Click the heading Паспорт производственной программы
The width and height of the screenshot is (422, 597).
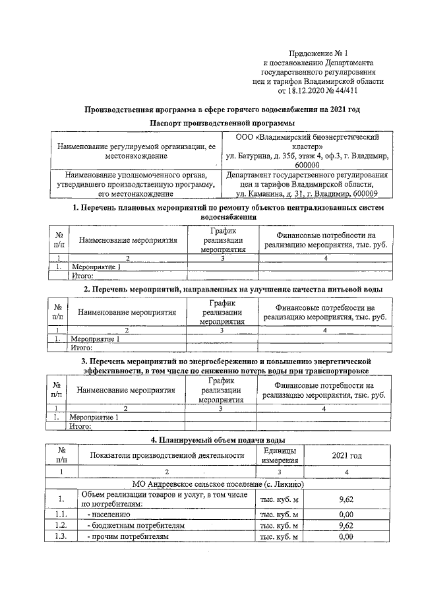coord(222,123)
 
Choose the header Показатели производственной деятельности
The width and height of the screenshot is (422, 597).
coord(167,455)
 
